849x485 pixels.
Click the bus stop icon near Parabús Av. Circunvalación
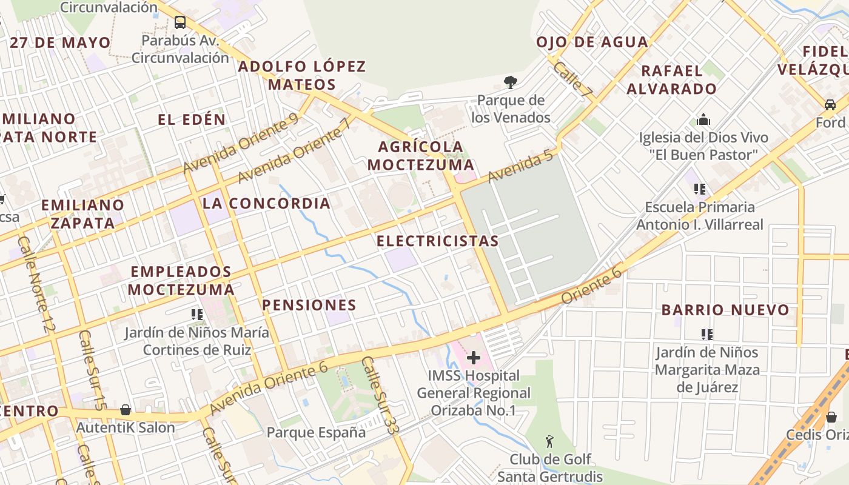(x=180, y=22)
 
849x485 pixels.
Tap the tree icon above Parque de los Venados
(x=511, y=82)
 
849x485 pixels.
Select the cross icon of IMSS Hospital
(x=474, y=358)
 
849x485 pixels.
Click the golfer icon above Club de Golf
(x=550, y=441)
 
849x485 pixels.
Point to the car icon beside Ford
(x=830, y=104)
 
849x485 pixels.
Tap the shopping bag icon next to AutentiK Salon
(x=126, y=410)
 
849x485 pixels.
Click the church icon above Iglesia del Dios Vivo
(x=703, y=119)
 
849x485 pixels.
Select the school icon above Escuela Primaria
(x=700, y=189)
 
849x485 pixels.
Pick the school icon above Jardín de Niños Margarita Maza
(x=706, y=334)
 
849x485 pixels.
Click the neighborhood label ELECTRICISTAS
(x=437, y=241)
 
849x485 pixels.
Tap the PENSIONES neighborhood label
(x=309, y=305)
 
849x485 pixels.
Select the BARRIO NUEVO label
(x=725, y=310)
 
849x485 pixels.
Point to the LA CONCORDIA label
(x=266, y=203)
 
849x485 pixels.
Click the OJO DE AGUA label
(x=592, y=42)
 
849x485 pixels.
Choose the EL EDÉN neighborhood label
(x=192, y=119)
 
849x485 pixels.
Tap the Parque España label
(x=316, y=432)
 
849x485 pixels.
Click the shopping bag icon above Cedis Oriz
(x=831, y=417)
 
